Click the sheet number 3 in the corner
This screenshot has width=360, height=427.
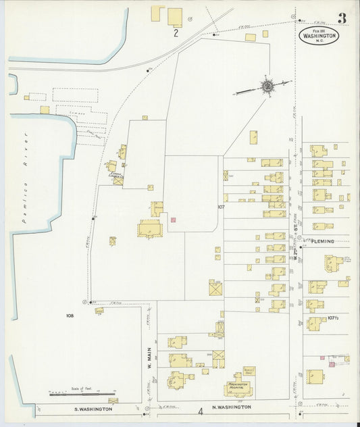(342, 18)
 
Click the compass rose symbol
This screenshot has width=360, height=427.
(268, 86)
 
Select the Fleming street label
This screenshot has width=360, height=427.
(323, 241)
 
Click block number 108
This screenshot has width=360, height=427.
(70, 316)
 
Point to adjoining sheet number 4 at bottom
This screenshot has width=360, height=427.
(200, 411)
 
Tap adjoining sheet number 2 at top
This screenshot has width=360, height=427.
(176, 32)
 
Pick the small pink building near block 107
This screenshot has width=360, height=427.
(173, 220)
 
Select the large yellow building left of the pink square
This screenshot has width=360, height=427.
(148, 229)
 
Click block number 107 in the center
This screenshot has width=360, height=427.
(220, 207)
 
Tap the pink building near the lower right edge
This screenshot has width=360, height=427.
(331, 364)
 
